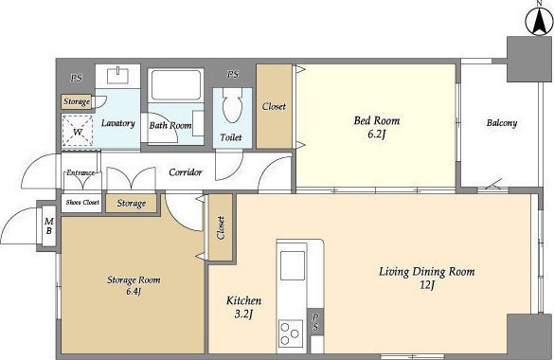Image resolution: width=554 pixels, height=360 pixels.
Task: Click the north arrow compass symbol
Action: (x=539, y=21)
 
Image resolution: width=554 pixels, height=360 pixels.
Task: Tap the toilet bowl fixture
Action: (x=232, y=105)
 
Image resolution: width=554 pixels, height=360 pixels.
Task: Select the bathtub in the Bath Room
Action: (x=176, y=85)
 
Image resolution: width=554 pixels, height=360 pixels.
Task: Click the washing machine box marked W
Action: (x=78, y=131)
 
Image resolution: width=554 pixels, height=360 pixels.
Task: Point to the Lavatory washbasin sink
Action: (x=117, y=76)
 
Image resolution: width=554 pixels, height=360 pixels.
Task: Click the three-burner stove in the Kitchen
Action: (x=291, y=333)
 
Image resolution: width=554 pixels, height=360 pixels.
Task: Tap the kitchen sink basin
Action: (x=293, y=265)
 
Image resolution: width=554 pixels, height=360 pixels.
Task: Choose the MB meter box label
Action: (x=49, y=226)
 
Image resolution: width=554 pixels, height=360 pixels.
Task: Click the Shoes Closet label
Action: (x=82, y=203)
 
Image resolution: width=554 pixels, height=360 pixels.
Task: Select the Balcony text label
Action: (x=502, y=123)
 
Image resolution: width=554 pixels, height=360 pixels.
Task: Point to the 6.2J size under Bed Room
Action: (x=376, y=135)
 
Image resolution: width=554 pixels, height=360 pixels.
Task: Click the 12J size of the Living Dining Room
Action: (x=427, y=285)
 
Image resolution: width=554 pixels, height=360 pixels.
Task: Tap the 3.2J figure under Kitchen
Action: (x=243, y=314)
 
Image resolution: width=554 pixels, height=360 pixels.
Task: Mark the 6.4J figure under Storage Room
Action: (x=134, y=292)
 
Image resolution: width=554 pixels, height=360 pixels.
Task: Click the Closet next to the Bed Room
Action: (x=274, y=106)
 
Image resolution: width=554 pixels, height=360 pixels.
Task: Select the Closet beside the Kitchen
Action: (x=221, y=228)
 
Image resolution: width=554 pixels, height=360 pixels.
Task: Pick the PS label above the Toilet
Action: (x=233, y=75)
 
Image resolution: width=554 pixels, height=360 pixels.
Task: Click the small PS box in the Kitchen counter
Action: (x=315, y=322)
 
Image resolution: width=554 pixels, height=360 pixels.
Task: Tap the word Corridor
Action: (x=186, y=172)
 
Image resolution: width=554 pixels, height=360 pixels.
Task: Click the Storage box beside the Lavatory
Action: (x=77, y=101)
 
